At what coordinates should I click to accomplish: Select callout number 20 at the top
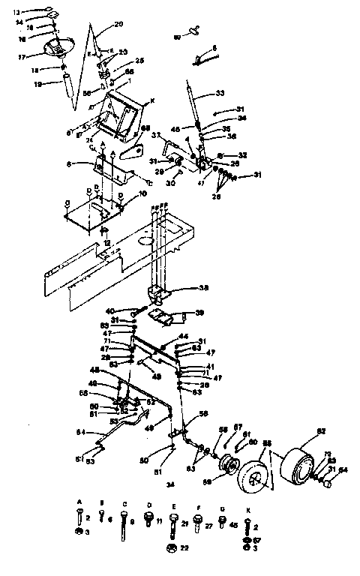(118, 24)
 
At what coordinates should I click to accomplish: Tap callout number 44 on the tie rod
(182, 336)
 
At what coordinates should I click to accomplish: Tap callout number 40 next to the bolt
(109, 311)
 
